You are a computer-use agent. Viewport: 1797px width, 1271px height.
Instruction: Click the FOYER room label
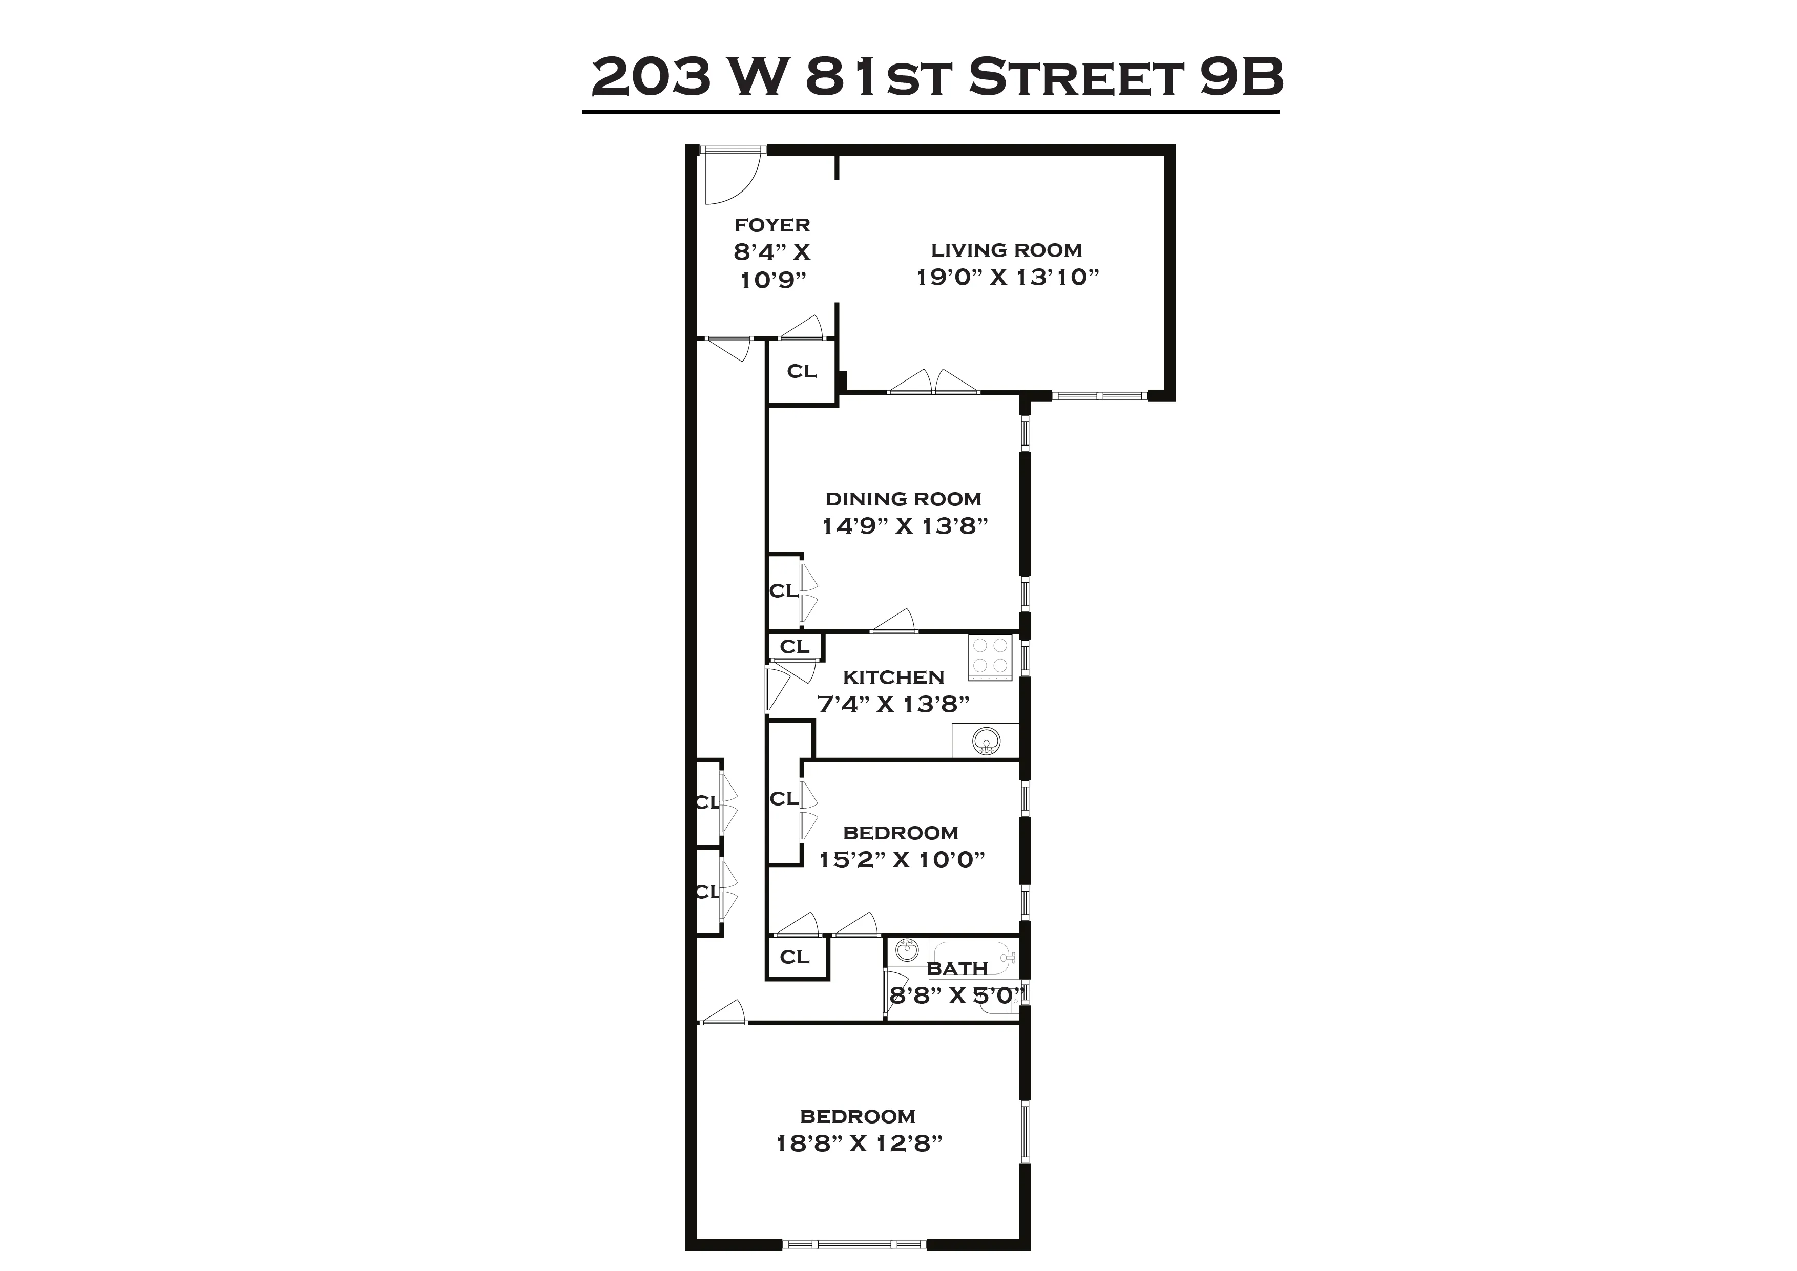[x=771, y=225]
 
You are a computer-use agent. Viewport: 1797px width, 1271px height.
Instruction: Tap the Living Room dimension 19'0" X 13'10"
[x=1007, y=277]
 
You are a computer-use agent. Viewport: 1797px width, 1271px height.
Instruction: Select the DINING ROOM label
[x=903, y=499]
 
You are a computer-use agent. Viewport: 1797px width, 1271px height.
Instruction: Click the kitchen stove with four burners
[x=990, y=656]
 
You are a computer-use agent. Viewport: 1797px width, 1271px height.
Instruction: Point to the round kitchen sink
[x=986, y=740]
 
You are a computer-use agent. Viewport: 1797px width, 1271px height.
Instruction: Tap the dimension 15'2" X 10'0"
[x=902, y=860]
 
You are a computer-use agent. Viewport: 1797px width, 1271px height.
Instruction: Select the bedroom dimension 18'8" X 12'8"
[x=859, y=1143]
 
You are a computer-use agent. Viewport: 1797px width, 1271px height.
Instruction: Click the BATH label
[x=956, y=969]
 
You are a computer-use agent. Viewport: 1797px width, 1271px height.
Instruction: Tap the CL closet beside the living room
[x=802, y=372]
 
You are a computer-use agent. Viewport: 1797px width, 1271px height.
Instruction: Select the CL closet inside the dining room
[x=783, y=591]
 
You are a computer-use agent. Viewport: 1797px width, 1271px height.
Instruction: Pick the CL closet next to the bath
[x=795, y=957]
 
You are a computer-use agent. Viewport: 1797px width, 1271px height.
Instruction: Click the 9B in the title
[x=1241, y=77]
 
